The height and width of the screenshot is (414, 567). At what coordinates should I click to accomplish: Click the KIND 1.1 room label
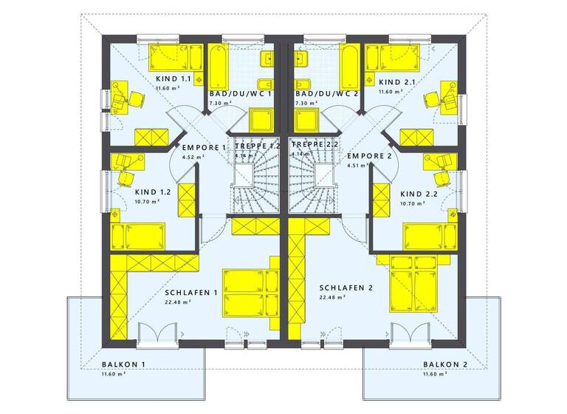173,78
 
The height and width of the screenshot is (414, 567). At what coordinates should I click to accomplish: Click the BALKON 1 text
124,364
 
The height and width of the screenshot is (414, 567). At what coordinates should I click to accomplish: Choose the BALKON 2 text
446,364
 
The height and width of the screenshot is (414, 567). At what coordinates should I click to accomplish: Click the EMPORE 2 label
369,157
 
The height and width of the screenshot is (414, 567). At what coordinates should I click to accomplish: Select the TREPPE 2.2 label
315,146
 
